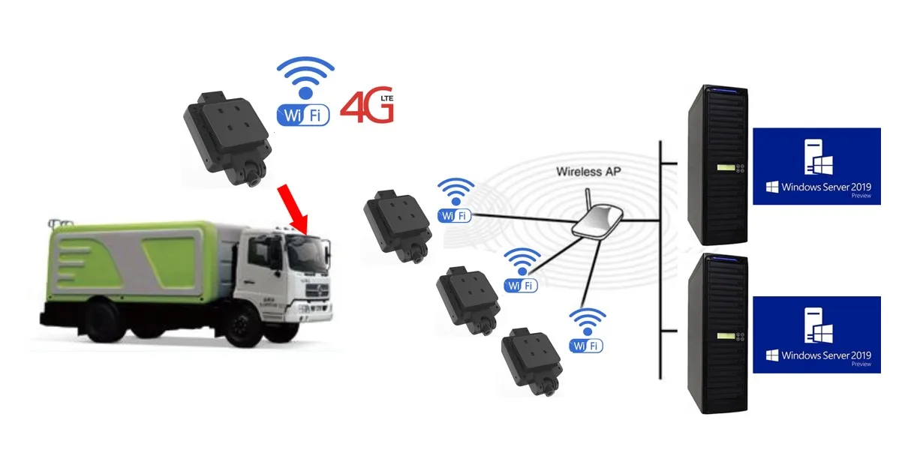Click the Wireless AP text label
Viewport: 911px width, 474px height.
(589, 171)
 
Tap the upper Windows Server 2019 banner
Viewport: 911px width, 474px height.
(816, 166)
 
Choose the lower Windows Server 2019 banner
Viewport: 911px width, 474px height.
(816, 334)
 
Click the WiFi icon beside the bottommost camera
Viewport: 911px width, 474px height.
(587, 331)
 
